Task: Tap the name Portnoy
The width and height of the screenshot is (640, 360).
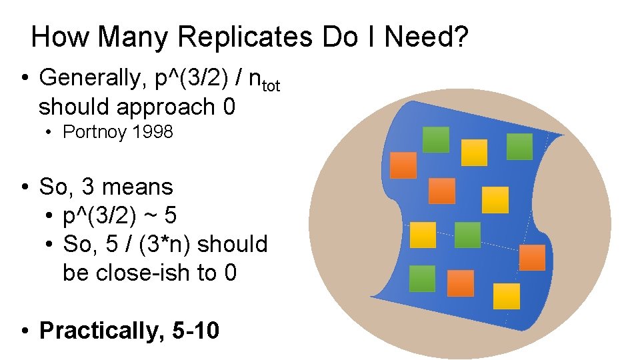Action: (94, 132)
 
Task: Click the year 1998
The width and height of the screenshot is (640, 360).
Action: (153, 132)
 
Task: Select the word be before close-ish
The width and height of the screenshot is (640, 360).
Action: (75, 273)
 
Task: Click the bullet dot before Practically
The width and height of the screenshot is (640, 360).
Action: (24, 331)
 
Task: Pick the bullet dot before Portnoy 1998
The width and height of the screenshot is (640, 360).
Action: (50, 133)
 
